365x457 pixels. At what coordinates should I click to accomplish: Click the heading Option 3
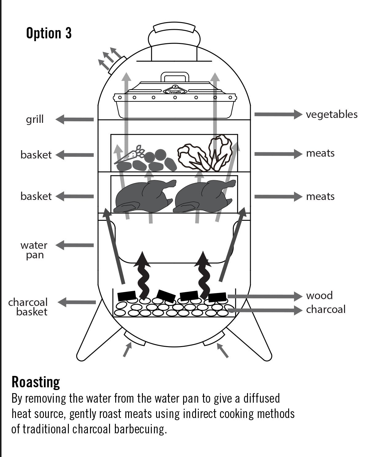(49, 33)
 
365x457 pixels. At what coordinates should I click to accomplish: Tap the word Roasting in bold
(36, 382)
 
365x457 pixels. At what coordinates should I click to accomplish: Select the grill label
(35, 119)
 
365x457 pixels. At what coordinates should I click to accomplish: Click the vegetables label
(332, 115)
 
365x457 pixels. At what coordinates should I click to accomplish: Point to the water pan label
(34, 250)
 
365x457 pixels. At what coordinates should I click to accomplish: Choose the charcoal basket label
(28, 307)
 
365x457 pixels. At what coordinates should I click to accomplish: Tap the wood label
(319, 295)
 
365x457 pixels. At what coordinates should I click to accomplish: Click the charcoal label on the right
(326, 309)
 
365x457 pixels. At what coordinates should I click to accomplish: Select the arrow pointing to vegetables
(278, 115)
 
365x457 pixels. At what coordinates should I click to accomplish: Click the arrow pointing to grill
(74, 119)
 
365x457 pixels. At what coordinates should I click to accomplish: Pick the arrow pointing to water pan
(74, 245)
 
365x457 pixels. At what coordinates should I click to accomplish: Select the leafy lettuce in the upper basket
(205, 153)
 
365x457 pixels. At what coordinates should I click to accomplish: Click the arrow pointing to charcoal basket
(77, 302)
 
